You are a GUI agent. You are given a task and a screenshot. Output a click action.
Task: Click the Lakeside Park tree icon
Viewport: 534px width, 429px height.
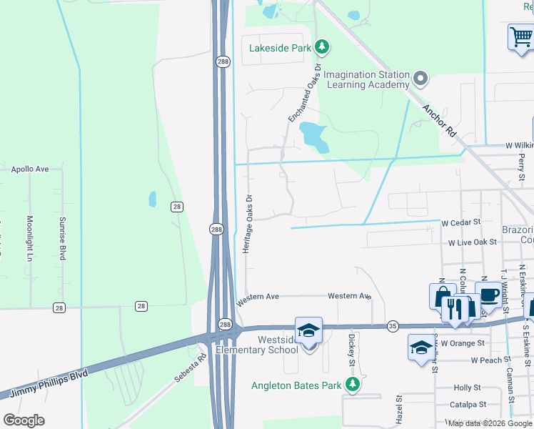(323, 47)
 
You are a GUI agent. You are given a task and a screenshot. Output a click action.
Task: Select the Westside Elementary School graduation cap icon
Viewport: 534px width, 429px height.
(308, 331)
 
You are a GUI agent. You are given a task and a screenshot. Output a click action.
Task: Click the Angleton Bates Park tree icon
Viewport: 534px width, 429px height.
(352, 385)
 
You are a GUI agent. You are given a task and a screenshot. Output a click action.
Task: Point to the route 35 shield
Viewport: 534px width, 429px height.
(393, 326)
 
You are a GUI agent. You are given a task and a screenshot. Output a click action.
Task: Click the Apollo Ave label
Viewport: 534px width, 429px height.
(30, 169)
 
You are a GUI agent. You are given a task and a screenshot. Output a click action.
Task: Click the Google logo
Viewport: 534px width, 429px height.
(24, 420)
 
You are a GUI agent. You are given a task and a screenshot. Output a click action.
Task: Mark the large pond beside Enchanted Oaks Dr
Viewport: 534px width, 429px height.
(314, 135)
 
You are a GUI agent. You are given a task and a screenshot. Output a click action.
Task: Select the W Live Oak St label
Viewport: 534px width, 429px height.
(472, 242)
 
